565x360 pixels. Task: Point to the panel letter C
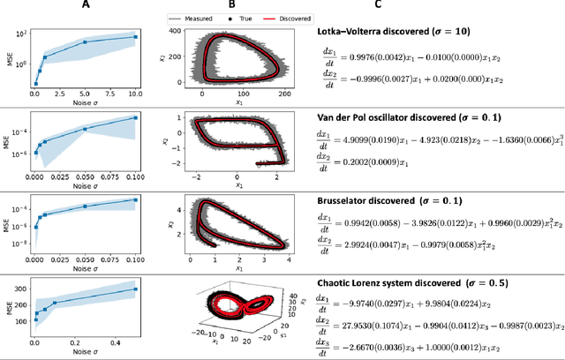[377, 6]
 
